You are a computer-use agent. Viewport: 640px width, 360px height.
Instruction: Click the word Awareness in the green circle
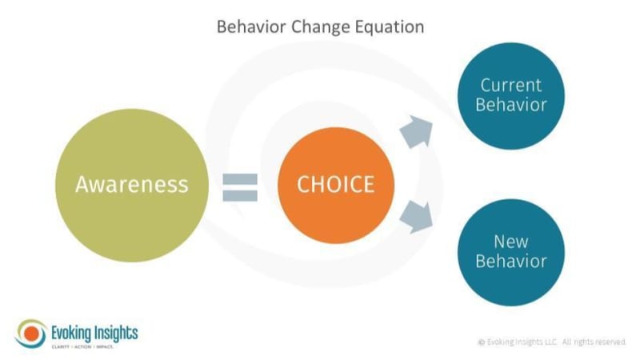(x=131, y=184)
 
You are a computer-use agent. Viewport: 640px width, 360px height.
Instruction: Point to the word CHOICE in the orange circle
(x=335, y=184)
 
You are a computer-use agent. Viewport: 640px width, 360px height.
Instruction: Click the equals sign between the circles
(x=240, y=186)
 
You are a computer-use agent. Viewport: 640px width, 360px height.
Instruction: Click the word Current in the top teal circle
(x=511, y=85)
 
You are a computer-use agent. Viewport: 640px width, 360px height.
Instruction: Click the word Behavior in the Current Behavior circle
(x=511, y=105)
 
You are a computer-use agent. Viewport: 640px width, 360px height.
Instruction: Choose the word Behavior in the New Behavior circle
(x=511, y=261)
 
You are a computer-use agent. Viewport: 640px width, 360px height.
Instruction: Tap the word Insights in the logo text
(x=116, y=329)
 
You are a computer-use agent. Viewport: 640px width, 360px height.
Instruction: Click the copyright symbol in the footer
(x=482, y=342)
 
